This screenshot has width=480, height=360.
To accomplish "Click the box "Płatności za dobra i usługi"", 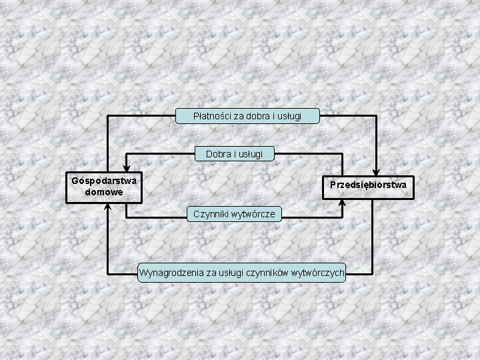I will [247, 116].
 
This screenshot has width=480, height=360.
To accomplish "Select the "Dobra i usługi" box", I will [234, 154].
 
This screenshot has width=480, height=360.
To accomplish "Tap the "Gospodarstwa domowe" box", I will [104, 186].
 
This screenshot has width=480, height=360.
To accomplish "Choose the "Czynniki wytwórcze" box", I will [235, 214].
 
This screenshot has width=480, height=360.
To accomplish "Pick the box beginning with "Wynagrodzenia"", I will [242, 272].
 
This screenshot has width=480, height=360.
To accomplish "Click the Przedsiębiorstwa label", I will [369, 183].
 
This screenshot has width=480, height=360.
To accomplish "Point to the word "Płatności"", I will [211, 116].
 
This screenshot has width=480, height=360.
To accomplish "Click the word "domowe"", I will [104, 192].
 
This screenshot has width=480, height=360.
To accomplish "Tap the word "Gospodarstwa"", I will [104, 181].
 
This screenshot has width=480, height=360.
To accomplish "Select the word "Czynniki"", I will [211, 214].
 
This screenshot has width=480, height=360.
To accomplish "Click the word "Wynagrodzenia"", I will [170, 272].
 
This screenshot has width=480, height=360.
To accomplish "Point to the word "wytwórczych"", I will [318, 272].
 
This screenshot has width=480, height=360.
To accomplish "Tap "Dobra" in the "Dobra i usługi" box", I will [218, 154].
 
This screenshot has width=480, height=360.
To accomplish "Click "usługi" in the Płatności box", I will [287, 116].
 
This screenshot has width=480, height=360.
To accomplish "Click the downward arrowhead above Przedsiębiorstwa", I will [376, 172].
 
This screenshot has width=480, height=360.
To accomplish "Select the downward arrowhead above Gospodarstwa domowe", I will [126, 170].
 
